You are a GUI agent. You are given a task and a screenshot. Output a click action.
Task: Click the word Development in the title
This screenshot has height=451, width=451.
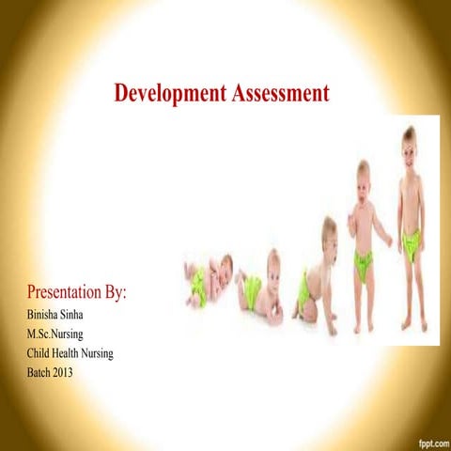[x=169, y=93]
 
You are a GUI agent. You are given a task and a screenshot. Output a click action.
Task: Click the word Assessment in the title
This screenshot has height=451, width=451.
[x=279, y=93]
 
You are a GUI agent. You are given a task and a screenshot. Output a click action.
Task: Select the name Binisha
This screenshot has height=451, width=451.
[x=47, y=315]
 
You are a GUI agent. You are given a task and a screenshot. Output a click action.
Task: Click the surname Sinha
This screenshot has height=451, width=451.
[x=83, y=315]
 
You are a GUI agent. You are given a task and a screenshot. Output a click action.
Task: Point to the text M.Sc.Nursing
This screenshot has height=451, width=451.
[x=59, y=334]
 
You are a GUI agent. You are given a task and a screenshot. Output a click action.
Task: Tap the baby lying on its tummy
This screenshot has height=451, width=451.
[x=262, y=287]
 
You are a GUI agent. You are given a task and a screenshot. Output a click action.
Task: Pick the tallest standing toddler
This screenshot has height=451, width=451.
[x=411, y=225]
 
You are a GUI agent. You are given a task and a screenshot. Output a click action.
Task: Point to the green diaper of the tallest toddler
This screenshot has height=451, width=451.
[x=411, y=244]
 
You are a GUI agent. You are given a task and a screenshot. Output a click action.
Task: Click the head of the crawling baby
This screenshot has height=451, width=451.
[x=329, y=230]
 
